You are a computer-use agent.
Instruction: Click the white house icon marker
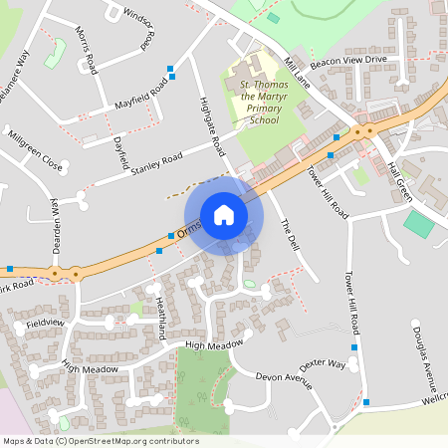tap(223, 215)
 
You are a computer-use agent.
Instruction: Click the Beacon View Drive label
tap(347, 61)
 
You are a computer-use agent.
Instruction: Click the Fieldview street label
tap(44, 324)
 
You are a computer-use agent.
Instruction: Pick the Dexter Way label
tap(322, 364)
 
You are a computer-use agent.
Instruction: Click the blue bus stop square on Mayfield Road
tap(172, 70)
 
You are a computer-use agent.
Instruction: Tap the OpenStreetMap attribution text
tap(100, 441)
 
